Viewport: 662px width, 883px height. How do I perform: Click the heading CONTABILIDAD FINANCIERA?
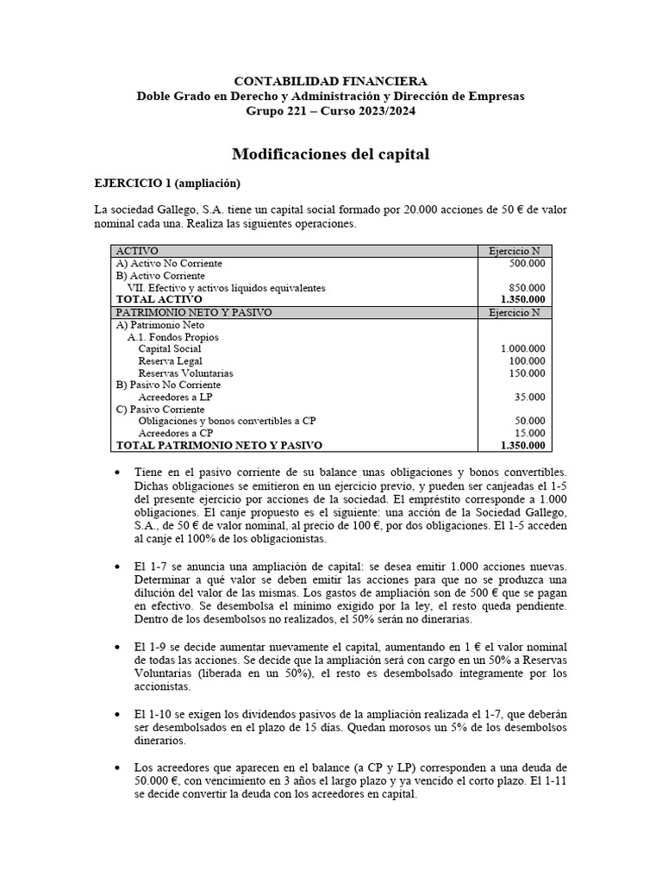330,80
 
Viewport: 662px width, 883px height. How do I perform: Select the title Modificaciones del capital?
330,154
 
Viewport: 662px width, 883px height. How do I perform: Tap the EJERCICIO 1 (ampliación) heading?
166,184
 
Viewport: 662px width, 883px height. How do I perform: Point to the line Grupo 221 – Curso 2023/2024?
330,111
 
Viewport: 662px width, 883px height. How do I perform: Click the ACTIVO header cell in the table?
137,251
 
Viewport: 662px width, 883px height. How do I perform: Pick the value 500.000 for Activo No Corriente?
527,263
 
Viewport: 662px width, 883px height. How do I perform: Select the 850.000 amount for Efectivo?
527,288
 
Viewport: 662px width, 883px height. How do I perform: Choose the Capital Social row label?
170,348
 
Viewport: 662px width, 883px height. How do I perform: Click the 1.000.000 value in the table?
522,348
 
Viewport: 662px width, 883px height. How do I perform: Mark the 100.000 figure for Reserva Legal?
527,360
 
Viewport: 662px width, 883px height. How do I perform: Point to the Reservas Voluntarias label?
185,373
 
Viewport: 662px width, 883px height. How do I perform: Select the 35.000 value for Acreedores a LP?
529,397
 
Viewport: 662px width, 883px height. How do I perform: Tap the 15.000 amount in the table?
529,433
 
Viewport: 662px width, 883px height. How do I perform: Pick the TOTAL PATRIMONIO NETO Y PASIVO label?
219,445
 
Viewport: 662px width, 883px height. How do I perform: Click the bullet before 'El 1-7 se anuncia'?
117,566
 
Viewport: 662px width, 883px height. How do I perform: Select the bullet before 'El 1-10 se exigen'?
117,716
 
